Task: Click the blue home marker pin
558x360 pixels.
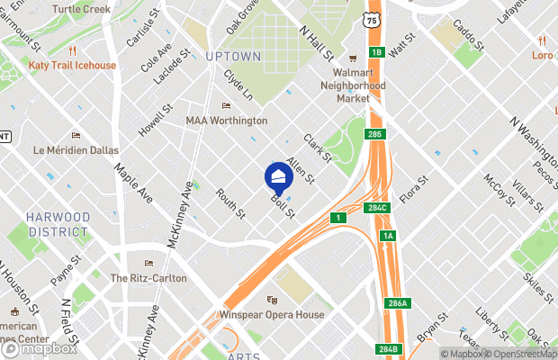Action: [277, 176]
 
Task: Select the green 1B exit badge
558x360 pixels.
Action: [376, 52]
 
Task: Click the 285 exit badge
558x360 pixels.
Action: [375, 134]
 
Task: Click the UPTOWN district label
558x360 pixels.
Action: [232, 57]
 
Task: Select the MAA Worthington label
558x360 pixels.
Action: [226, 121]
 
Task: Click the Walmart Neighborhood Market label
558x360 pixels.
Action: [353, 85]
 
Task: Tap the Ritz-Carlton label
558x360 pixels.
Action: [148, 278]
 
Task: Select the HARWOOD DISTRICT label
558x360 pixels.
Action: [58, 224]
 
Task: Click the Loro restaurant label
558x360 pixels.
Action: [541, 55]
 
